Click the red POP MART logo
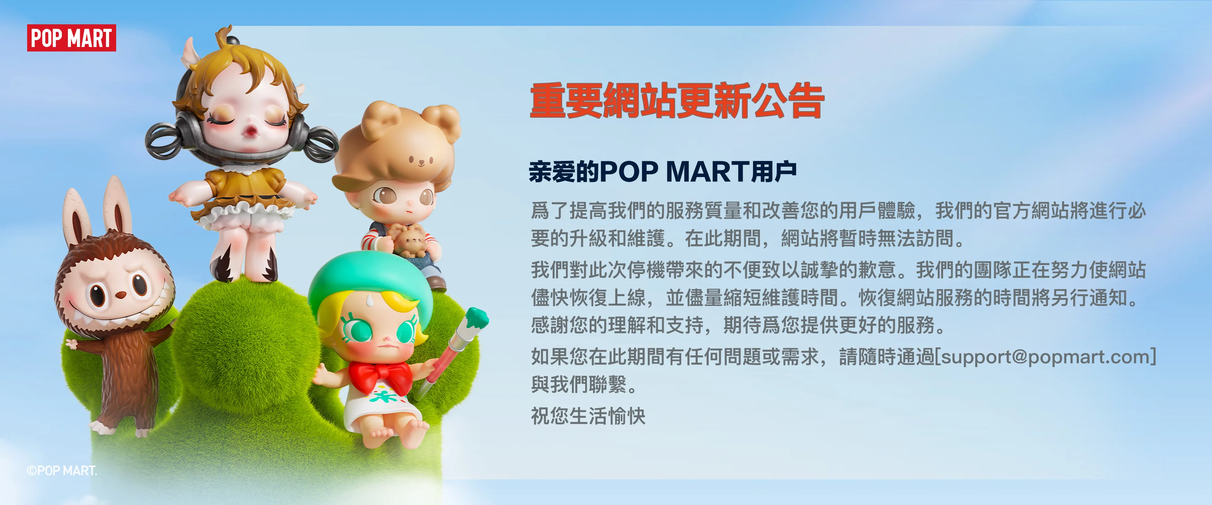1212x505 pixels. pyautogui.click(x=71, y=38)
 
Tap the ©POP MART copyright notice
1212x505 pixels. pyautogui.click(x=62, y=470)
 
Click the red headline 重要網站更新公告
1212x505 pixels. pyautogui.click(x=677, y=101)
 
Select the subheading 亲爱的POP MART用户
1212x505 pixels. pyautogui.click(x=662, y=171)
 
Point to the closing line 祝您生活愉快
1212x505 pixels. pyautogui.click(x=588, y=416)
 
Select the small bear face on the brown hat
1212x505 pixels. pyautogui.click(x=420, y=161)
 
